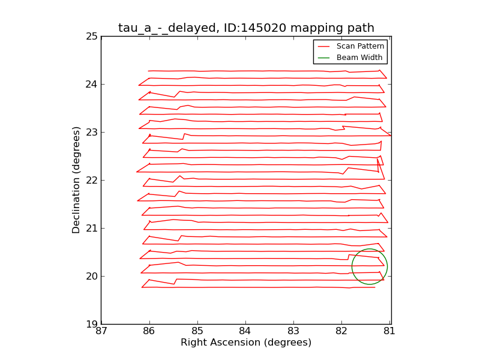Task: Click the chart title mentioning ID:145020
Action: click(246, 28)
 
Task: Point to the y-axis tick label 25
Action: click(92, 36)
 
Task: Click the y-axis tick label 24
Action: click(92, 84)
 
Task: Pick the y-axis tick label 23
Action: click(92, 132)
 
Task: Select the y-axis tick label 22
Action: click(92, 180)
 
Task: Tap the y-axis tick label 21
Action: click(92, 228)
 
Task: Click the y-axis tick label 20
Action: click(92, 276)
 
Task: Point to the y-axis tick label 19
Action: click(92, 324)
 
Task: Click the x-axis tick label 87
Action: click(101, 331)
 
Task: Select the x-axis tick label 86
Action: click(149, 331)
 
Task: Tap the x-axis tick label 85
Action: click(197, 331)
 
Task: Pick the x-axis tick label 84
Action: click(245, 331)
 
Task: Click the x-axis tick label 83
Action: click(293, 331)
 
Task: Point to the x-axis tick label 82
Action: click(341, 331)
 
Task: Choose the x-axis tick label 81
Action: click(390, 331)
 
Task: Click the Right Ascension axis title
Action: click(246, 343)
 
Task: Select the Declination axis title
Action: click(77, 180)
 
